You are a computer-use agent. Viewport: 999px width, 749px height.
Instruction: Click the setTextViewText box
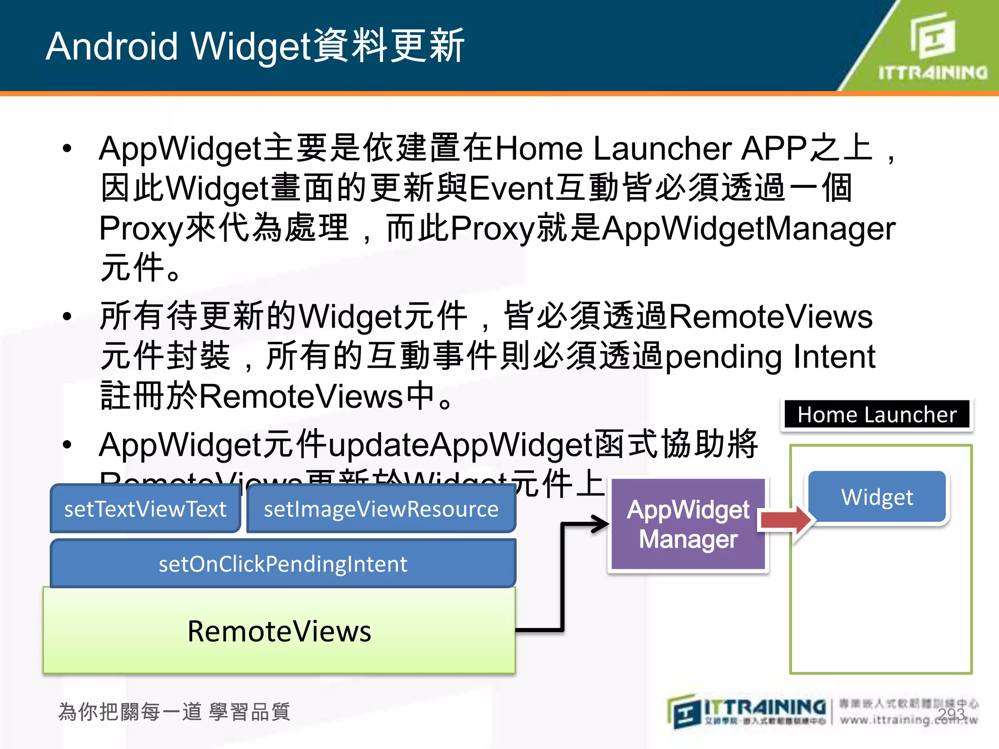point(145,509)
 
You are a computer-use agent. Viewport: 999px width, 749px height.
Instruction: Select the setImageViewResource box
point(381,509)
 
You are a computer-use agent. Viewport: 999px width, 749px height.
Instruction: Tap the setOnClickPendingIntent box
point(283,564)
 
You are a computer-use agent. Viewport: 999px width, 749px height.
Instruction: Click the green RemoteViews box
point(279,631)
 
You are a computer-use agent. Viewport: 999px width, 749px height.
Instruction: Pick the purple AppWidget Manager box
point(688,524)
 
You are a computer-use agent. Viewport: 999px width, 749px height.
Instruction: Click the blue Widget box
point(877,497)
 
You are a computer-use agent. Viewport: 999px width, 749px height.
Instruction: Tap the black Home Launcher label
point(877,414)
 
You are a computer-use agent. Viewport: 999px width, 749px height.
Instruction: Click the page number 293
point(951,714)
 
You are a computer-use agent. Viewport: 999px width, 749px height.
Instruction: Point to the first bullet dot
point(67,148)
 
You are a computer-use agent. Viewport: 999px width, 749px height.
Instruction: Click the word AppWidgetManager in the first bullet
point(749,228)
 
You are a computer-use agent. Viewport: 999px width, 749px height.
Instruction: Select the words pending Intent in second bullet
point(771,357)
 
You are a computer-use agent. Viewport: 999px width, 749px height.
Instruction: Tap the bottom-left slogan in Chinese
point(174,712)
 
